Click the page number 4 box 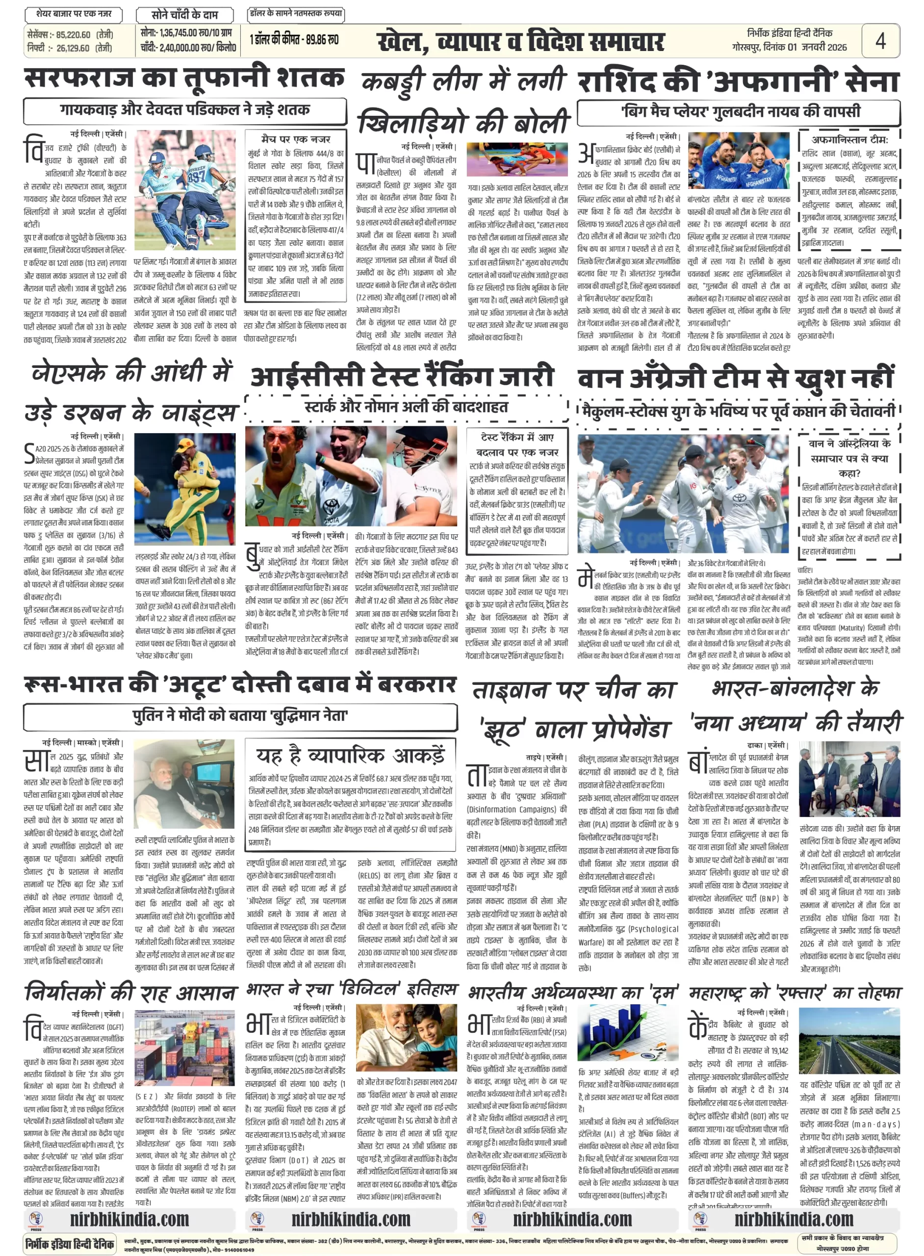(880, 41)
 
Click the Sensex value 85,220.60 (73, 35)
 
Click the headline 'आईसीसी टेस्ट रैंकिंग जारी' (402, 376)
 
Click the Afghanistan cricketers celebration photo (738, 160)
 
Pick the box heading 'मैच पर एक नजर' (296, 139)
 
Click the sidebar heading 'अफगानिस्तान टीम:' (849, 140)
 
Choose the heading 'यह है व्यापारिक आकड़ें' (351, 756)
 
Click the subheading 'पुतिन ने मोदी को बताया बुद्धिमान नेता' (240, 715)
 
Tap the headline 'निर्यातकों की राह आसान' (130, 992)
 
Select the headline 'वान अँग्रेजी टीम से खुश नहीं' (736, 379)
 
